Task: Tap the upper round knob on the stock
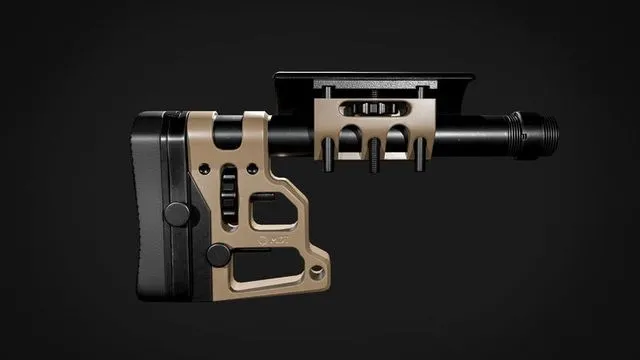[x=177, y=212]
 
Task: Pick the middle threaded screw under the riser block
[x=373, y=157]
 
